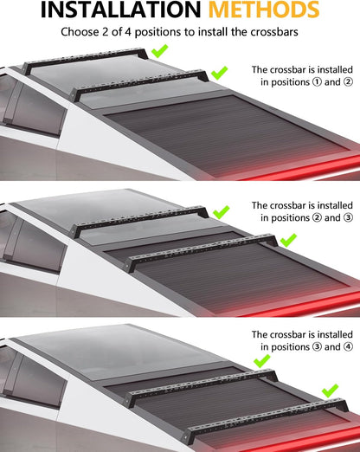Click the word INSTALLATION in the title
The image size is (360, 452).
coord(120,10)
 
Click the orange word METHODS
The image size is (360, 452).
coord(264,10)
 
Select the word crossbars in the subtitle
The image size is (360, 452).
coord(274,32)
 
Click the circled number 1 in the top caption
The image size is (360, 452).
coord(317,82)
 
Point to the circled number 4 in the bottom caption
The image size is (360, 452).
coord(348,346)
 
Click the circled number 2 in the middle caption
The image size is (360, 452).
coord(317,217)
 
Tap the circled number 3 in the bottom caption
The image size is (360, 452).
coord(317,346)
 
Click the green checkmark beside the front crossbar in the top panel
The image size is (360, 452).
coord(159,51)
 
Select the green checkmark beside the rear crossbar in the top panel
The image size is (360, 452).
coord(219,73)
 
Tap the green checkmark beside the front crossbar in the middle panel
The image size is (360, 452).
coord(222,212)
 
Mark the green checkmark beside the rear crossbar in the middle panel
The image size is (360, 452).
coord(288,240)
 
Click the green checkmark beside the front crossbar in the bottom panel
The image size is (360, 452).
coord(262,361)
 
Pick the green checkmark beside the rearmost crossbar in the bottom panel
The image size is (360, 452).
coord(330,391)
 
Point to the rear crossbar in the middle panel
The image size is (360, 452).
coord(202,249)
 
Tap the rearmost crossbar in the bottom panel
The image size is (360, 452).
coord(266,416)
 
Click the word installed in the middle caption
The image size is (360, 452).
coord(334,205)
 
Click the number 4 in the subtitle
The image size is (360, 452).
coord(128,32)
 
